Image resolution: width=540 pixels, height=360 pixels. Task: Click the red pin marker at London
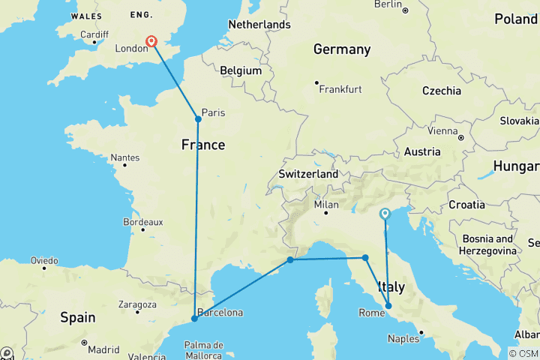(x=151, y=42)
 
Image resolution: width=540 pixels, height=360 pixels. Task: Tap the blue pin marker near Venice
(x=385, y=214)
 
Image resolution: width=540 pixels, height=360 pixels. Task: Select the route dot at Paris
(x=198, y=118)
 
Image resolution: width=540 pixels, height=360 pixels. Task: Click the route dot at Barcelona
(x=194, y=319)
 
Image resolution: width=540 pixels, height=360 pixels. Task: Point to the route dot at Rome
(x=388, y=305)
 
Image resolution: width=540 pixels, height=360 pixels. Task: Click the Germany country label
(x=342, y=49)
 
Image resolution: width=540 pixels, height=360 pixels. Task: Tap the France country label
(x=202, y=144)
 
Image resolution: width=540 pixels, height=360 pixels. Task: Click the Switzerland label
(x=308, y=173)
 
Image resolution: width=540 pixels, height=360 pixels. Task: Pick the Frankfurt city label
(x=340, y=89)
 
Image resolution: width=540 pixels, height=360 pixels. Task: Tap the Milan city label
(x=326, y=204)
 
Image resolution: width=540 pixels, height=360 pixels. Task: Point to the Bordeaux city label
(x=142, y=222)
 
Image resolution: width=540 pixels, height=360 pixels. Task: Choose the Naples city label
(x=403, y=339)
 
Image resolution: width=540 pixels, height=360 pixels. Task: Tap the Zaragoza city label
(x=136, y=305)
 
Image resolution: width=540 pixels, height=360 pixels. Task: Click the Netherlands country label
(x=259, y=25)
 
